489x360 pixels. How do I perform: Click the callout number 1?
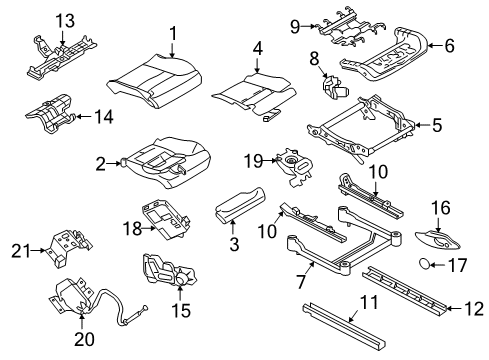pos(173,34)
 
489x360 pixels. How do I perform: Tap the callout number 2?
pos(99,163)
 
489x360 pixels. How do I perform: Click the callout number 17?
pos(458,294)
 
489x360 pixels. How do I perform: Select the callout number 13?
pos(36,20)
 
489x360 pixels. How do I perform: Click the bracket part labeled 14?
pos(48,116)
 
